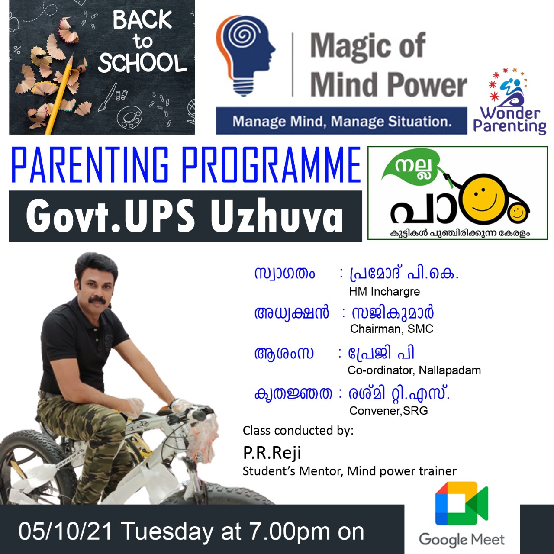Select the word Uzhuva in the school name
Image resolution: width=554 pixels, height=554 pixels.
277,216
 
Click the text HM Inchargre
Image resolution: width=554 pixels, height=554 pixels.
384,292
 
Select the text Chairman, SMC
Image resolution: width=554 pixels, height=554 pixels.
392,329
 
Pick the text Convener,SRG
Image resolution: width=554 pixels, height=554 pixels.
388,411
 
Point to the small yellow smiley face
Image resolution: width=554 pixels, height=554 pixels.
517,213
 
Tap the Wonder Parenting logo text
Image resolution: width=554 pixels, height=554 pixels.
510,120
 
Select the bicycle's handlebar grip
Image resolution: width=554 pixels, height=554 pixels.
199,414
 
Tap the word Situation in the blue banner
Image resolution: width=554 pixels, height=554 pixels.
420,122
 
